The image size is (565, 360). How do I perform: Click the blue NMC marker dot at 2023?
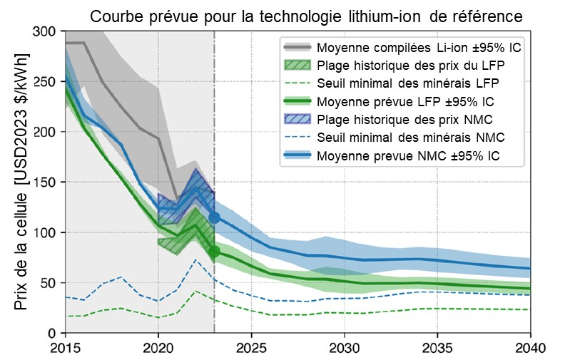pos(214,217)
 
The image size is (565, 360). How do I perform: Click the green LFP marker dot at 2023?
pos(214,251)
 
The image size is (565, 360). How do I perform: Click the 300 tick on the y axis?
pos(47,32)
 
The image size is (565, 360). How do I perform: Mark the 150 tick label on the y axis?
pos(47,182)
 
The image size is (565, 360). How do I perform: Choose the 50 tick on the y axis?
pos(51,283)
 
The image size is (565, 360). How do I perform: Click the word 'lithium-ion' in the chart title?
pos(365,16)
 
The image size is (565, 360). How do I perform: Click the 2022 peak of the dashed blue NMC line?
pos(195,259)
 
